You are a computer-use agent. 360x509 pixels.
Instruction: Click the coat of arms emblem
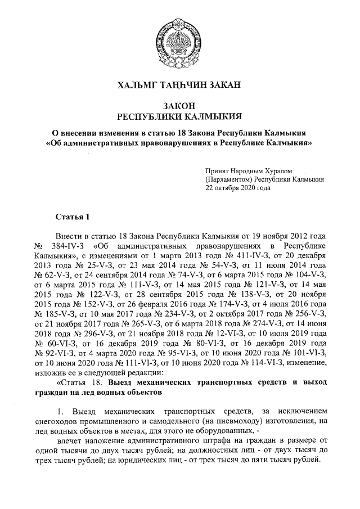pyautogui.click(x=179, y=34)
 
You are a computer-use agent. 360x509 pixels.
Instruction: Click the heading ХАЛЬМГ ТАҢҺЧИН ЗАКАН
pyautogui.click(x=179, y=85)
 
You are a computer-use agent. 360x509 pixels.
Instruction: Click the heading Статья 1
pyautogui.click(x=73, y=217)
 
